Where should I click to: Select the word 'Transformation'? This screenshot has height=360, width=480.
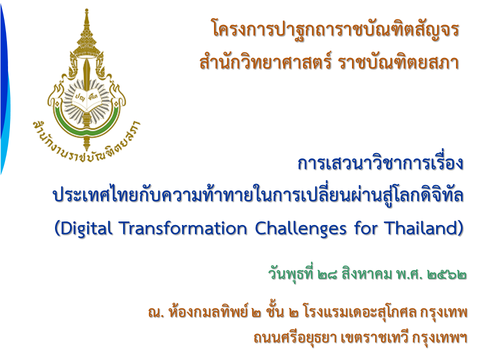[183, 228]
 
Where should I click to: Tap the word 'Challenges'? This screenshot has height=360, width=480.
[300, 229]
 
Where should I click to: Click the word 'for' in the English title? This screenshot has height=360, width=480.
[366, 228]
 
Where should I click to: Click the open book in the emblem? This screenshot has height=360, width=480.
[87, 100]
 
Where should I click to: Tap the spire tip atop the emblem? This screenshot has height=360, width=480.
[86, 10]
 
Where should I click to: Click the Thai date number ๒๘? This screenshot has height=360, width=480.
[327, 274]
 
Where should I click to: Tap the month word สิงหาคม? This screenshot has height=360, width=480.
[366, 273]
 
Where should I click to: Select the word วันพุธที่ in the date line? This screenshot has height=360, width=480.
[291, 273]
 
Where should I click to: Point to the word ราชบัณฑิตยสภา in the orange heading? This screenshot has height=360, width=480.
[398, 62]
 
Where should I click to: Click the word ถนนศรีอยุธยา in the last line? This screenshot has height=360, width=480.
[295, 338]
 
